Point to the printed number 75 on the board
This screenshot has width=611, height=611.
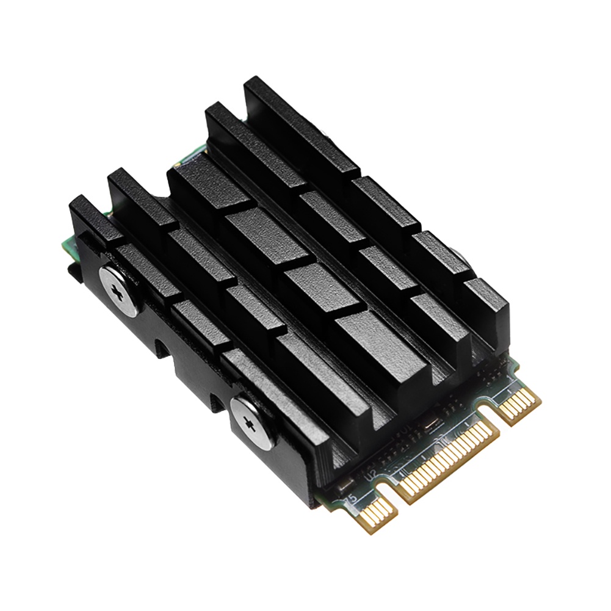351,499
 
